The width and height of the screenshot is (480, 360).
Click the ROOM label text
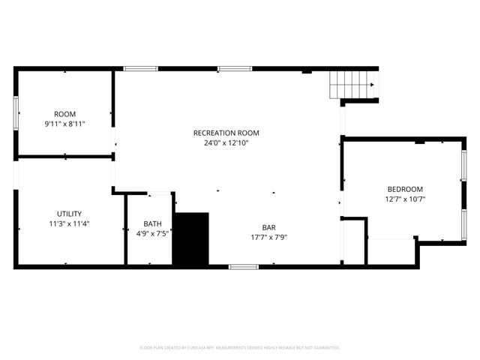64,114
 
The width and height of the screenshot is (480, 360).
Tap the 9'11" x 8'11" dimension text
64,124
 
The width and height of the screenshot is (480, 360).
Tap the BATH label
153,223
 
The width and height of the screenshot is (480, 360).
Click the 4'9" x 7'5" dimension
153,233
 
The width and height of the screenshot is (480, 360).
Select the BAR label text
269,227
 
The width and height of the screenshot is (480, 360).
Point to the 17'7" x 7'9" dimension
269,237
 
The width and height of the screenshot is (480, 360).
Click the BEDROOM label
405,189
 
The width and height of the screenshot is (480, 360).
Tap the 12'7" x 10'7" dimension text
405,199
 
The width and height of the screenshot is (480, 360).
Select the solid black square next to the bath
190,238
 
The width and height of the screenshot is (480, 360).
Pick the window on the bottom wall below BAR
244,266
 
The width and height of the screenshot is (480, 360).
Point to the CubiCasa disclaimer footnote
240,348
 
